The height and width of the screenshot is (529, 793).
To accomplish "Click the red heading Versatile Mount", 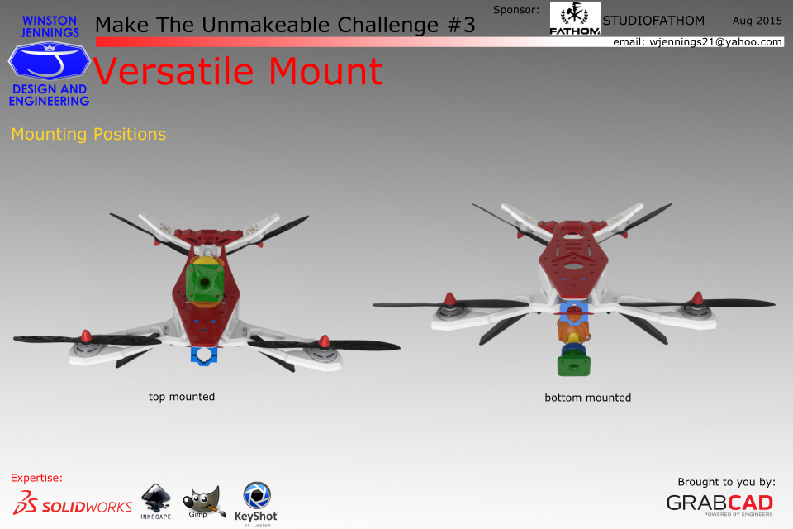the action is point(238,71).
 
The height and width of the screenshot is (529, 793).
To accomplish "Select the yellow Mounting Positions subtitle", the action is point(88,134).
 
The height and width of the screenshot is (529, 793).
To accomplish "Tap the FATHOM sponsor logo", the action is point(575,19).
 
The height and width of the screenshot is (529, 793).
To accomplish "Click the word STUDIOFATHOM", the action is point(653,21).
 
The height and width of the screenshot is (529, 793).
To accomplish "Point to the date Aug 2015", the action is point(757,21).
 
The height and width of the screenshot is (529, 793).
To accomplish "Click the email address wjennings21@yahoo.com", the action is point(715,42).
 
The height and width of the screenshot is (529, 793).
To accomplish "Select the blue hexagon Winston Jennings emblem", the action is point(49,60).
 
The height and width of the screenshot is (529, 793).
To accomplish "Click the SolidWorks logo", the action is point(73,503).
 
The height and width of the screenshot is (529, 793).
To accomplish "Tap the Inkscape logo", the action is point(156,502).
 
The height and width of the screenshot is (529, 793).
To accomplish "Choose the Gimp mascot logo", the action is point(204,503).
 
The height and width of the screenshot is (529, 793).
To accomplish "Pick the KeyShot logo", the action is point(256,503).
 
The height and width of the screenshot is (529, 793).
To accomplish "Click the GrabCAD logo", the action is point(719,503).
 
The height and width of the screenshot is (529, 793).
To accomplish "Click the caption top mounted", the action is point(182,397).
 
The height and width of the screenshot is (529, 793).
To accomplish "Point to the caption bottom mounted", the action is point(587,398).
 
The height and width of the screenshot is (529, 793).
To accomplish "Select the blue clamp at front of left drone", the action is point(204,355).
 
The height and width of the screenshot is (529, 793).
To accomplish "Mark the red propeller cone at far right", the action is point(698,298).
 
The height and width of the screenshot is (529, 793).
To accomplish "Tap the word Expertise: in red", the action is point(36,478).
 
